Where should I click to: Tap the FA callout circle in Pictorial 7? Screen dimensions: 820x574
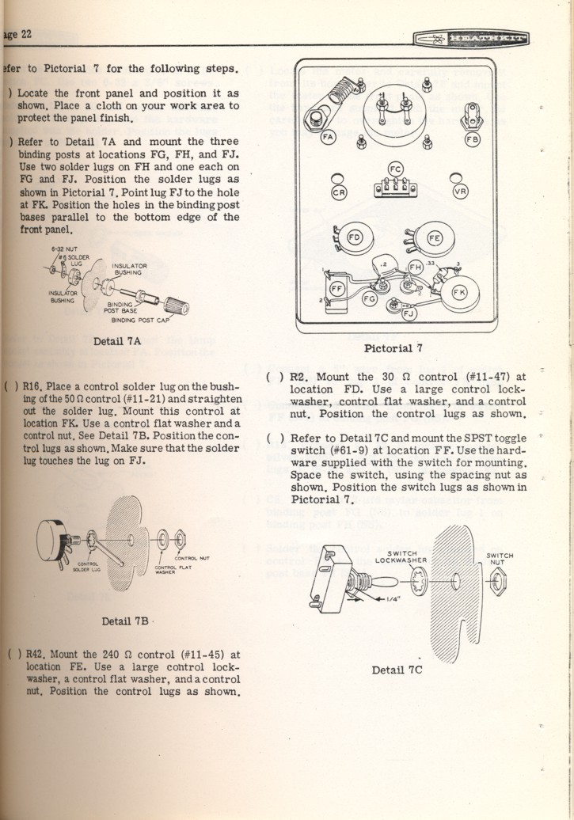[x=329, y=138]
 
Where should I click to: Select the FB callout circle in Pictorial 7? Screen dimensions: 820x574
[x=473, y=139]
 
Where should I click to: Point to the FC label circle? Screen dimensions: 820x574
[x=396, y=168]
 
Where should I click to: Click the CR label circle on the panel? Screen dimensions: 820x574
[x=339, y=192]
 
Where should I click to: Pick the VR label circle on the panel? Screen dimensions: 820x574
[x=460, y=192]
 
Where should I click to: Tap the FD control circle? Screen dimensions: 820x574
[x=355, y=237]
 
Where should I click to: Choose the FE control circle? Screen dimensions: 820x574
[x=435, y=237]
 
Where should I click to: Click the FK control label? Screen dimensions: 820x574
[x=459, y=291]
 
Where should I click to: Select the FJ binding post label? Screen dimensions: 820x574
[x=409, y=314]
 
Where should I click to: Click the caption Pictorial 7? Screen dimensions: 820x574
[x=393, y=348]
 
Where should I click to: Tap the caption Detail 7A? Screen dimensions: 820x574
[x=117, y=342]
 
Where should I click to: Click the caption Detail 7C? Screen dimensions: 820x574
[x=397, y=670]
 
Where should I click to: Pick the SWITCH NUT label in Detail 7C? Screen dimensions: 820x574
[x=500, y=559]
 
